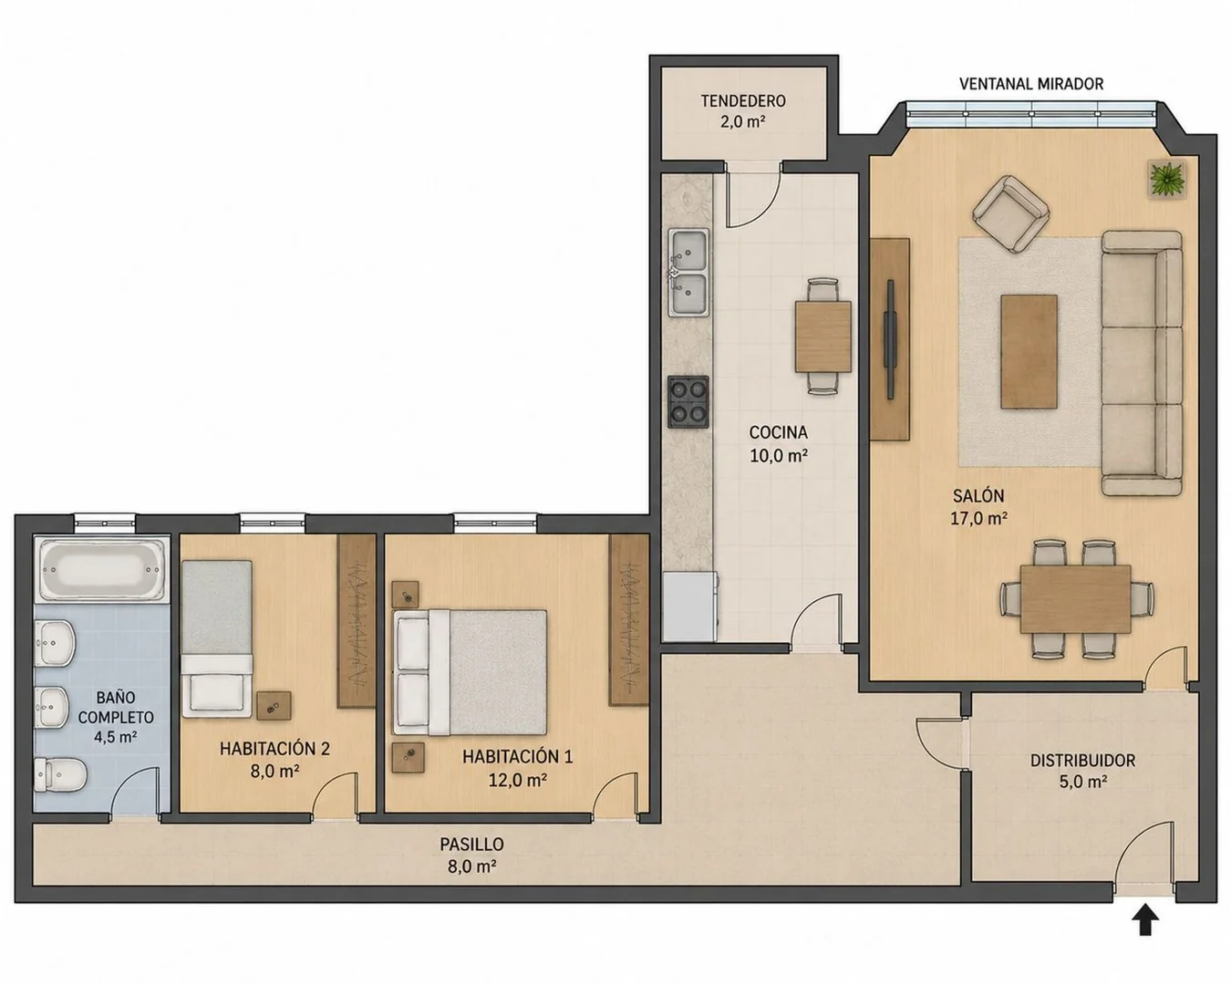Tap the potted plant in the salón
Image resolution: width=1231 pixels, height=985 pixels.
[1167, 180]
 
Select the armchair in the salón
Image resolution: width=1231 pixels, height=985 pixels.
[1010, 214]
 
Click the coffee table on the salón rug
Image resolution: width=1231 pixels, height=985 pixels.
[1029, 351]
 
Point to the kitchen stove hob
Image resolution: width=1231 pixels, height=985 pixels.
[688, 402]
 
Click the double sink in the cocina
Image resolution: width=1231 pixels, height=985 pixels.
[689, 273]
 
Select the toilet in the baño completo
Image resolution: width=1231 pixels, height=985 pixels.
[59, 775]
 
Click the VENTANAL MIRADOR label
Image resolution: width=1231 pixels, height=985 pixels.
[1030, 84]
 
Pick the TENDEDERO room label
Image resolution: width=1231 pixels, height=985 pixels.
[743, 101]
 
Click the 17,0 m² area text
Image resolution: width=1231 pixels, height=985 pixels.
[978, 518]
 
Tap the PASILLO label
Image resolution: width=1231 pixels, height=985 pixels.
[471, 844]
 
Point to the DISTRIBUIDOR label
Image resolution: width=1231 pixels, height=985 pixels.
[1082, 760]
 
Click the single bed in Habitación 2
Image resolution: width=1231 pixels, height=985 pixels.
[217, 638]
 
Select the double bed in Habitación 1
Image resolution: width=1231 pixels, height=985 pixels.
[470, 672]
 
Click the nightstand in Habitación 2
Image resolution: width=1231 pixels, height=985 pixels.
[274, 706]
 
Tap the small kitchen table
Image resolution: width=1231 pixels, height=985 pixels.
[822, 337]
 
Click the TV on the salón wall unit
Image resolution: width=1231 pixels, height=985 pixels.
[890, 339]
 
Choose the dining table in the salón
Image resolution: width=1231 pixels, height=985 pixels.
[1075, 598]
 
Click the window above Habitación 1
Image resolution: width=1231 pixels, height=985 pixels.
[495, 522]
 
